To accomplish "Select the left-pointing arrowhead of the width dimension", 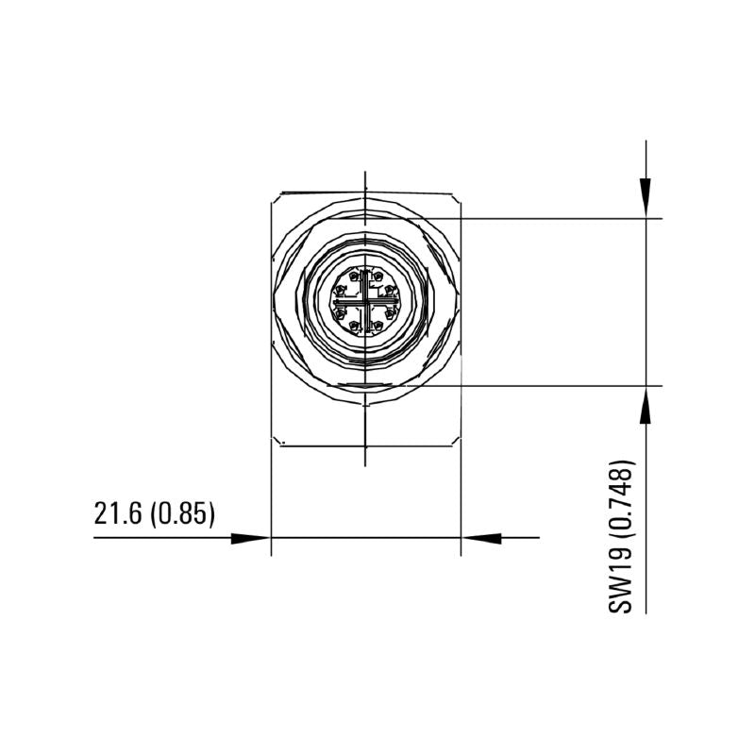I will (480, 538).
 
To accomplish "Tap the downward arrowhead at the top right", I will (646, 199).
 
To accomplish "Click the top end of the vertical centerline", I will (365, 173).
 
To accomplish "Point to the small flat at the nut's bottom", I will (365, 386).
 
